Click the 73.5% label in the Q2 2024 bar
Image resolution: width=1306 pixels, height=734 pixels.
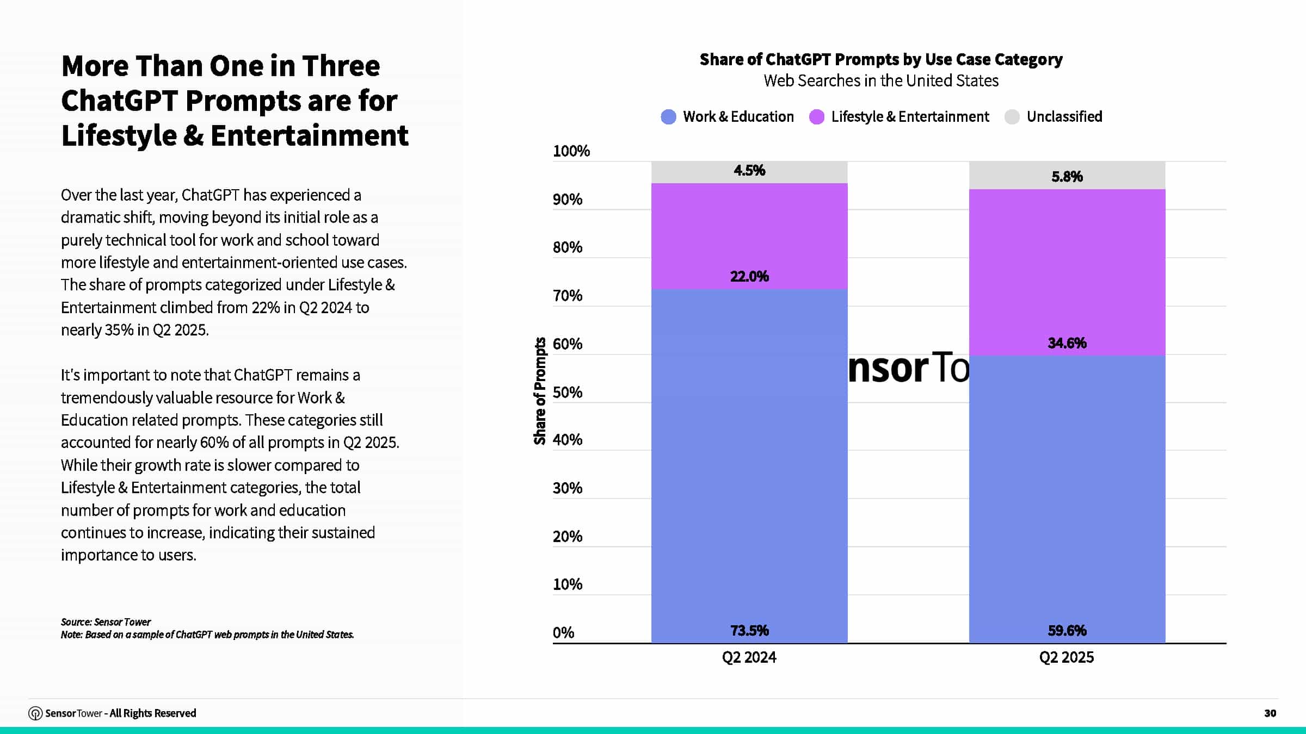point(749,631)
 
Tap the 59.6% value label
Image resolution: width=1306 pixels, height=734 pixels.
point(1067,631)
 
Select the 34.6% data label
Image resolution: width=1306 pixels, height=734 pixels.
point(1067,343)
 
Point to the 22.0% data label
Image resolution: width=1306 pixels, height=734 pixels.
point(749,277)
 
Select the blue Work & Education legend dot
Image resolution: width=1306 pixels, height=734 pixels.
point(668,117)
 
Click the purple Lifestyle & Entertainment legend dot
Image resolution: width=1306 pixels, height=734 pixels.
point(816,117)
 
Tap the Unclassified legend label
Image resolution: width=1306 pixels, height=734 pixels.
point(1064,117)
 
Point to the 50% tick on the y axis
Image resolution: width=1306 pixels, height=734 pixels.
point(567,393)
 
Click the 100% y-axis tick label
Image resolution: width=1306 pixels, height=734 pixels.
point(571,151)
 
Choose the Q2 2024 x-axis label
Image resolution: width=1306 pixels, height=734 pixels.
point(749,658)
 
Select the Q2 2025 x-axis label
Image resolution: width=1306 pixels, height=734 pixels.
point(1066,658)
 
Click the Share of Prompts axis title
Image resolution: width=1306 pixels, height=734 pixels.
point(540,391)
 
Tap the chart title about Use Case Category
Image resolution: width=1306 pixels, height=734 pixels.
point(880,59)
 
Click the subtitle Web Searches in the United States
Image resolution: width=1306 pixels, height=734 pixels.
point(880,81)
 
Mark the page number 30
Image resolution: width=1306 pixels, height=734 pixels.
point(1270,713)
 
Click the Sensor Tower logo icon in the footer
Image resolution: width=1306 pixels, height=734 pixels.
point(35,713)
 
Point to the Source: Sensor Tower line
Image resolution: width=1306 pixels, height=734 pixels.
point(106,622)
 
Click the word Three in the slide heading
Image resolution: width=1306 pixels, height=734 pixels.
point(341,66)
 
